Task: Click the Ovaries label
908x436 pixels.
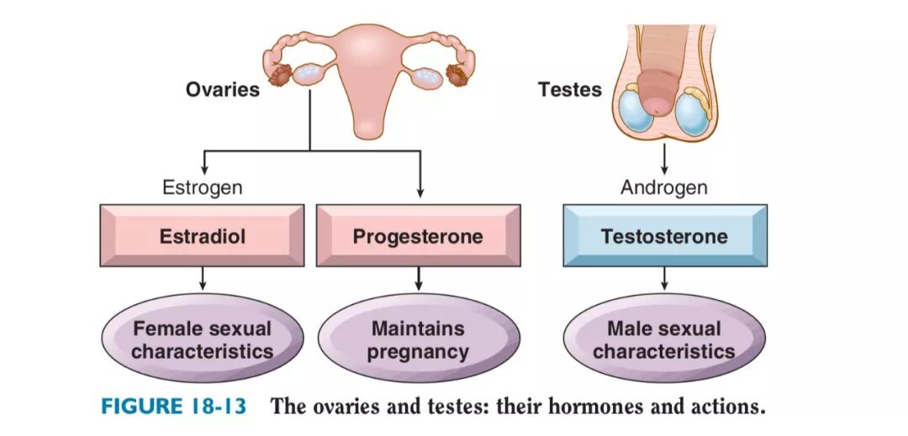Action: (223, 89)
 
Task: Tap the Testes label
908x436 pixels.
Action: (570, 89)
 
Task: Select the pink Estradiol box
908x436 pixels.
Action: (202, 236)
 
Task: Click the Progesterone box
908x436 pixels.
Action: (418, 236)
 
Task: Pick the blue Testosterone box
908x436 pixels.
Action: (664, 236)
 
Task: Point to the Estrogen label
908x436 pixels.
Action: (202, 187)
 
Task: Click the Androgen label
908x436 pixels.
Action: (664, 187)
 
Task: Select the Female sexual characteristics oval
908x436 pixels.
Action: (202, 339)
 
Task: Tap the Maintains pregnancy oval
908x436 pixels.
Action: (418, 339)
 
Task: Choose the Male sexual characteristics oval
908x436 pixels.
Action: (664, 339)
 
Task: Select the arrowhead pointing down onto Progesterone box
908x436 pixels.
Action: (420, 192)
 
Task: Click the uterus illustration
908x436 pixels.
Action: (368, 76)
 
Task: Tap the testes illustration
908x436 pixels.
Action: (664, 84)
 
